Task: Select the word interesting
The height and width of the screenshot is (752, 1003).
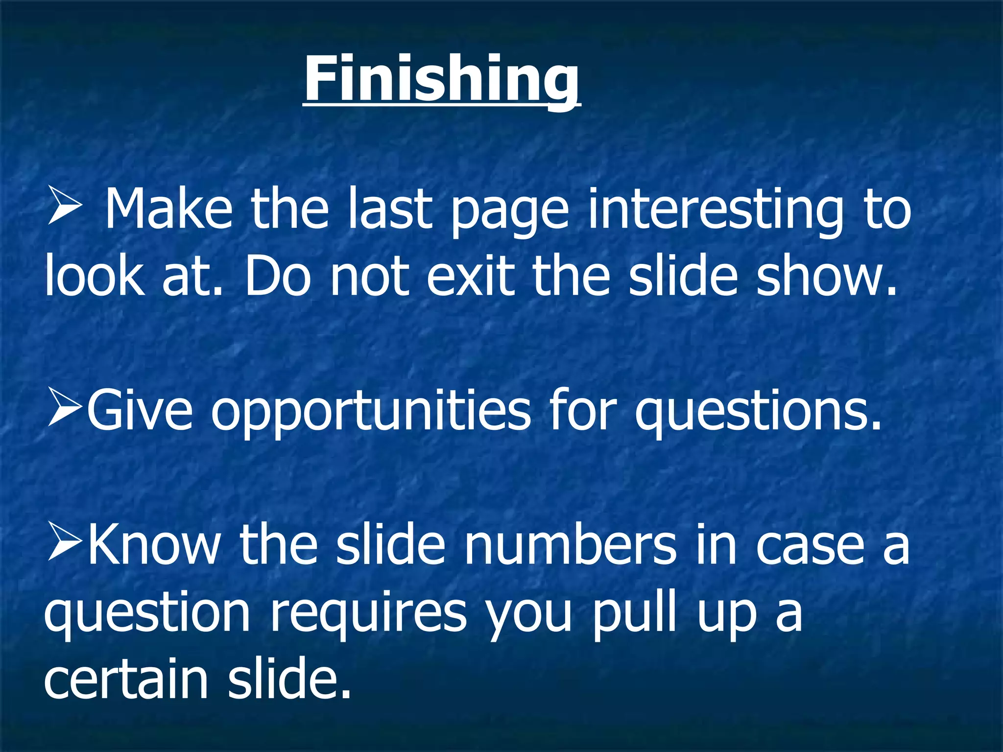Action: click(x=716, y=211)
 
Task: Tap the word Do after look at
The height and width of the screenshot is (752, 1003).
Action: click(x=278, y=277)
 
